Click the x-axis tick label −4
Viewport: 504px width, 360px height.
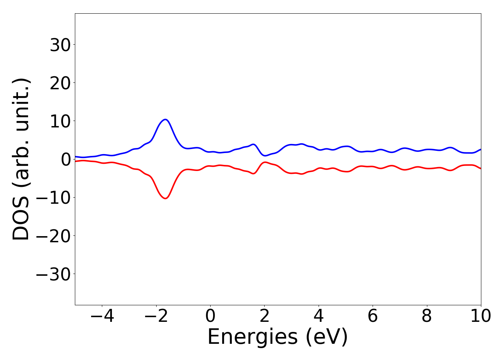102,316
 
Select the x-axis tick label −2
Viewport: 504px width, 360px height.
156,316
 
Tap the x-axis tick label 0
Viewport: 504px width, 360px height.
210,316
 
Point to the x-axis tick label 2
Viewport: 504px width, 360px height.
265,316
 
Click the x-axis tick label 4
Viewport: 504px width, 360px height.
319,316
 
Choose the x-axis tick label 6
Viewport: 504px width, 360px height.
373,316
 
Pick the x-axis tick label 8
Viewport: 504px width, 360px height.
427,316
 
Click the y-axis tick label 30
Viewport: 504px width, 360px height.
60,45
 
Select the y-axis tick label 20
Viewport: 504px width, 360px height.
60,83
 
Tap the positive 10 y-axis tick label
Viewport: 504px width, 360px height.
60,121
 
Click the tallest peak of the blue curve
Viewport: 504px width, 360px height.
165,120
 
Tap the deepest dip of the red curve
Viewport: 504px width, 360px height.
165,198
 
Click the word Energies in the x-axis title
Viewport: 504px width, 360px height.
252,337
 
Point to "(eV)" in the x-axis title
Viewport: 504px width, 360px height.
327,337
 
